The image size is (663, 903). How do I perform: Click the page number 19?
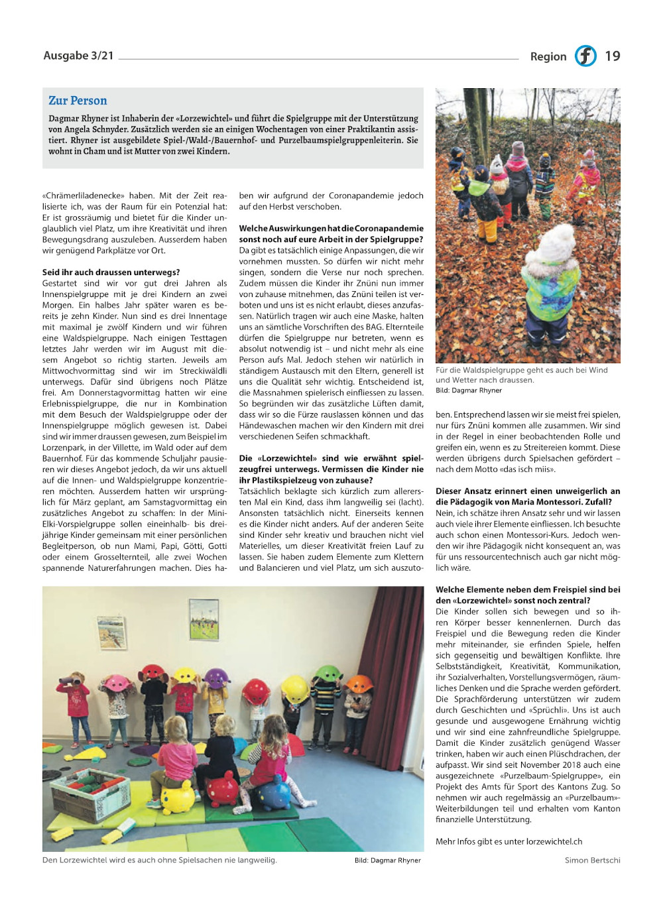[x=612, y=56]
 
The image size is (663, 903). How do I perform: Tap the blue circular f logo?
[x=585, y=56]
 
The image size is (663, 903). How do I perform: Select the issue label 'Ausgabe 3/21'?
[x=78, y=56]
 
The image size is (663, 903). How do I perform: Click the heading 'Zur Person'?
[x=78, y=101]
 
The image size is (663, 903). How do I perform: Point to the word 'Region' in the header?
[x=548, y=57]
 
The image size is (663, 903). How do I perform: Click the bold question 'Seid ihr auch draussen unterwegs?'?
[x=111, y=272]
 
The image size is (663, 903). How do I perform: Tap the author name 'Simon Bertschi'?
[x=592, y=860]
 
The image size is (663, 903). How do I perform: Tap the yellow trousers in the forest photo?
[x=488, y=229]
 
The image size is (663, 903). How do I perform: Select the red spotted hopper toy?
[x=223, y=790]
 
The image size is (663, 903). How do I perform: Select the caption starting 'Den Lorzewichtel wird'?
[x=159, y=860]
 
